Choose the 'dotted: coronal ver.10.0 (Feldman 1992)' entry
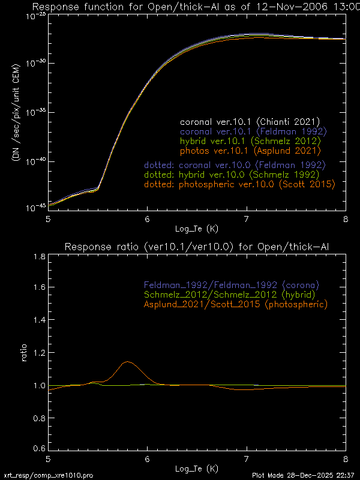click(235, 164)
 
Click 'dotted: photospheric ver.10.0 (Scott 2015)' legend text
click(239, 184)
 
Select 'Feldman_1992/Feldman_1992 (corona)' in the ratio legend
click(231, 284)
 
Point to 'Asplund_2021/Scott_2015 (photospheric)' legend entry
click(235, 304)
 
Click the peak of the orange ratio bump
click(127, 362)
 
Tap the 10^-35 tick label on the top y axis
click(35, 112)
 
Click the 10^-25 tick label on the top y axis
click(35, 15)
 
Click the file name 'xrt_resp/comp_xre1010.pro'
click(49, 475)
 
